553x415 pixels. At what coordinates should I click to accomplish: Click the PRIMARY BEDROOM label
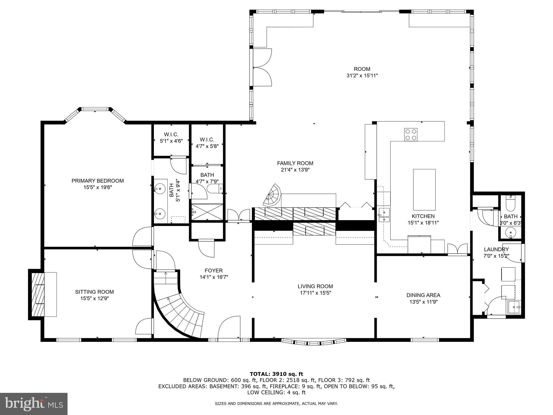click(x=97, y=181)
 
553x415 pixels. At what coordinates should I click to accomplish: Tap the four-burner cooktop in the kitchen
click(x=411, y=135)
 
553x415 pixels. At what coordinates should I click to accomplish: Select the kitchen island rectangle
click(x=424, y=190)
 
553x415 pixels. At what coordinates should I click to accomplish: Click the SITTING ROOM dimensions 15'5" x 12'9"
click(x=94, y=299)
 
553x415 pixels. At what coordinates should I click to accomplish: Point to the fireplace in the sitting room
click(x=38, y=294)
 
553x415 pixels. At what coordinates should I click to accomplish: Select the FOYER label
click(x=214, y=270)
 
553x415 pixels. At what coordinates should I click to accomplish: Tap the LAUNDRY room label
click(x=496, y=249)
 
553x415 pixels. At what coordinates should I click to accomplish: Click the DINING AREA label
click(x=423, y=295)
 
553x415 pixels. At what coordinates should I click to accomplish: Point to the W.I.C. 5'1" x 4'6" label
click(x=171, y=135)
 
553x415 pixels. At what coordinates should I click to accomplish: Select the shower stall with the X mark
click(x=207, y=212)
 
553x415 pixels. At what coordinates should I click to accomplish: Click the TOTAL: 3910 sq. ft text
click(x=276, y=374)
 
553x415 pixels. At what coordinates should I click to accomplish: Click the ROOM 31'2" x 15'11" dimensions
click(x=362, y=76)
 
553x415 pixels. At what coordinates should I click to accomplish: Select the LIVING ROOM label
click(x=315, y=286)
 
